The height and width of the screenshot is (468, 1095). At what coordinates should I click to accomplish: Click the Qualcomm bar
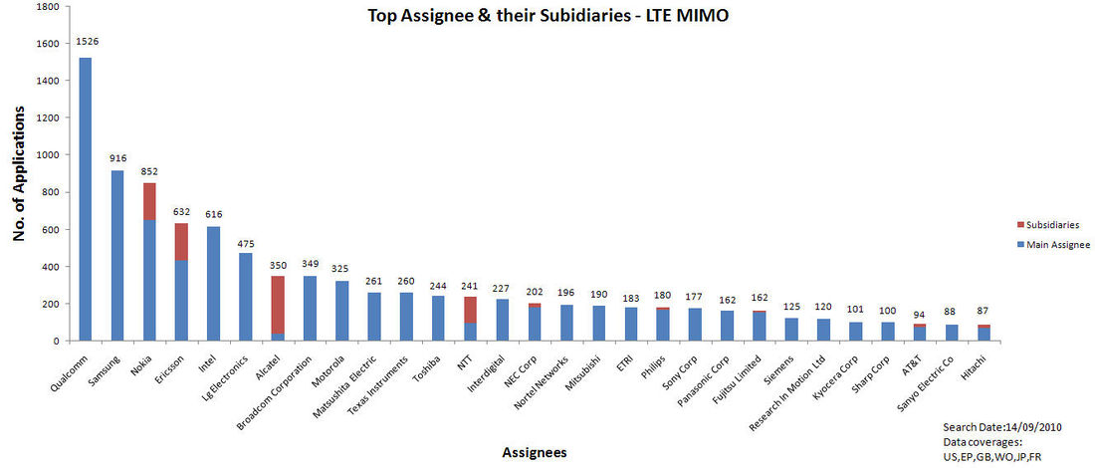click(86, 199)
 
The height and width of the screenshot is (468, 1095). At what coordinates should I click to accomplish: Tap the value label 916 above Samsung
click(117, 158)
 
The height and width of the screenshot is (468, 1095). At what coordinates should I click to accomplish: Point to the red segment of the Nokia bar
click(149, 201)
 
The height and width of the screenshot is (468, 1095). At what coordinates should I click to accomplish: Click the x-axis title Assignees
click(535, 452)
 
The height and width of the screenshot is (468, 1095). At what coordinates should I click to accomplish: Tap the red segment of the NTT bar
click(468, 310)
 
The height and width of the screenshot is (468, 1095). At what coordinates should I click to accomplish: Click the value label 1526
click(87, 42)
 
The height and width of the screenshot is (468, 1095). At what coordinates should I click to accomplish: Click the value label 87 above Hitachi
click(983, 313)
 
